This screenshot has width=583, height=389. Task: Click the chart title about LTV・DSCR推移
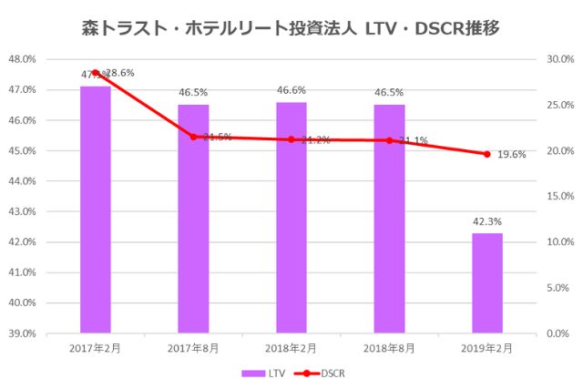click(291, 28)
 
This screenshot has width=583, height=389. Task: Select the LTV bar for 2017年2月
click(96, 210)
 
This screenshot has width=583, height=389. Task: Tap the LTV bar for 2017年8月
click(193, 219)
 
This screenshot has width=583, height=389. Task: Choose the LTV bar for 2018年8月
click(389, 219)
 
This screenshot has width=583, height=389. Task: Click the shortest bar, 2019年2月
click(486, 282)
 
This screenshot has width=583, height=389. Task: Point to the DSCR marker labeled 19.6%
click(486, 154)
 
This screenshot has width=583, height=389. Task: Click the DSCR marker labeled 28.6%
click(96, 72)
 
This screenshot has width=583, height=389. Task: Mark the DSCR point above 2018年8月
click(389, 140)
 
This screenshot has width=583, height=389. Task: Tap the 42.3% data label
click(486, 221)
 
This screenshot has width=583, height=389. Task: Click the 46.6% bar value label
click(291, 90)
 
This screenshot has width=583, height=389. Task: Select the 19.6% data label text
click(512, 155)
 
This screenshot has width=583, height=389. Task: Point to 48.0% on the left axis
click(22, 59)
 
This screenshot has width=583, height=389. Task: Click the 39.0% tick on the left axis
click(22, 333)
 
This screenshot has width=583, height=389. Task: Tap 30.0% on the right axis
click(559, 59)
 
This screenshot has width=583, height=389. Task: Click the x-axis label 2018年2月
click(291, 349)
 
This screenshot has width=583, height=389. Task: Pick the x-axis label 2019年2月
click(486, 349)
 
